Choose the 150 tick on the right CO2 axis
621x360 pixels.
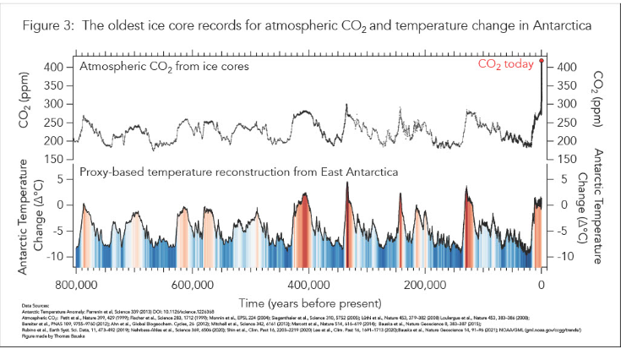(x=566, y=159)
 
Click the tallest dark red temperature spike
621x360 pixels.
(x=346, y=184)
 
